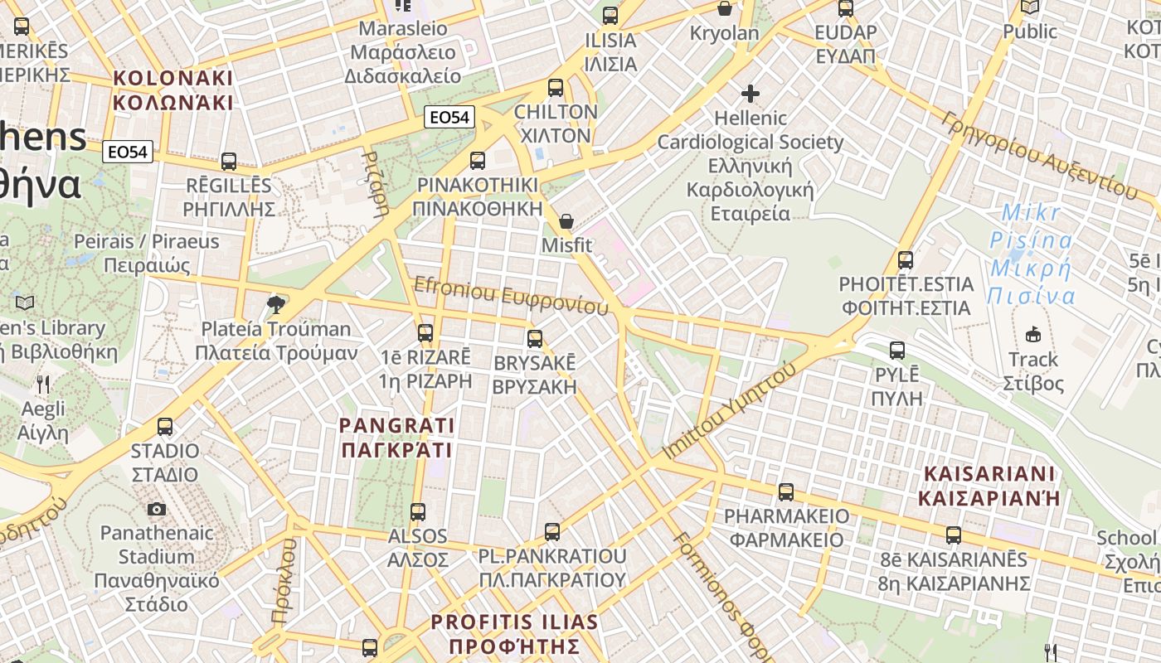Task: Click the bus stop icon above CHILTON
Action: coord(556,87)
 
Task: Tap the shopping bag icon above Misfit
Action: coord(566,221)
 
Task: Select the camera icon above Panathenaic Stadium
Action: coord(157,509)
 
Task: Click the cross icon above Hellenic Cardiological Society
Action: coord(751,94)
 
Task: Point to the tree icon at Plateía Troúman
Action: coord(276,305)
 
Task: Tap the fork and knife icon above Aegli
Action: coord(43,385)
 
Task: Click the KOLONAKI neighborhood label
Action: coord(172,90)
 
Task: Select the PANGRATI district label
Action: coord(396,438)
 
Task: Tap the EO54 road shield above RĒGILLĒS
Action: coord(129,152)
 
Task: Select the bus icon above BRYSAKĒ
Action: coord(535,339)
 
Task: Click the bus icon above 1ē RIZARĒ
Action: coord(425,333)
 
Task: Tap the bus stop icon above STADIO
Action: coord(165,427)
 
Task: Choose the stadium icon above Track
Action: coord(1032,335)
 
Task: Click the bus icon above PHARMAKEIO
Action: coord(786,492)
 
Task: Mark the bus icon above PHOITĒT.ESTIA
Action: coord(906,260)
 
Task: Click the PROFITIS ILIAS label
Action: coord(514,634)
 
